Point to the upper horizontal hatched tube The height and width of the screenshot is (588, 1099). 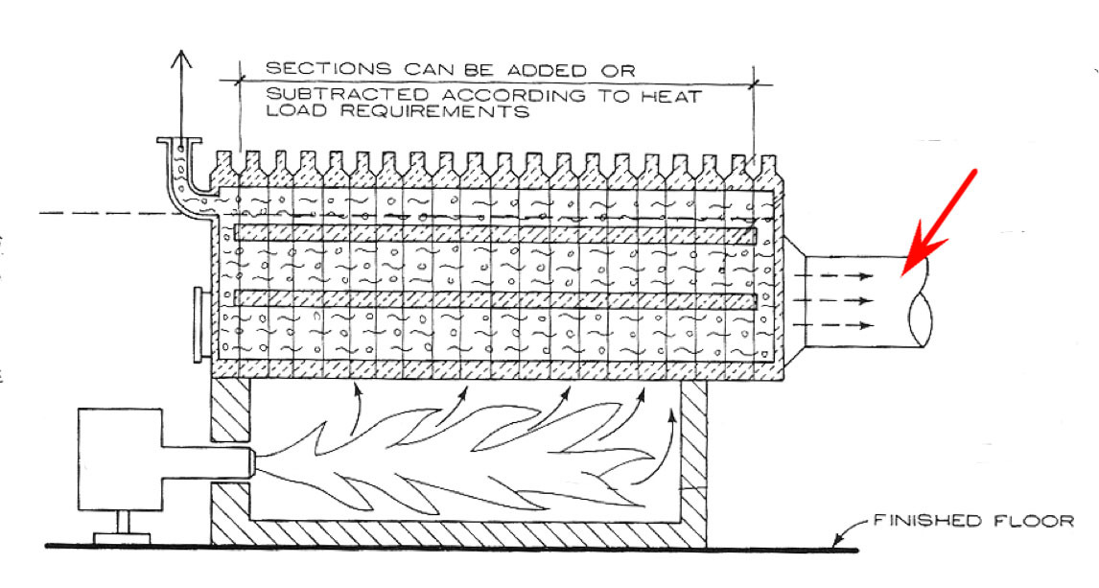coord(494,233)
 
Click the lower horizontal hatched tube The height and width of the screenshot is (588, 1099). coord(494,299)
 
